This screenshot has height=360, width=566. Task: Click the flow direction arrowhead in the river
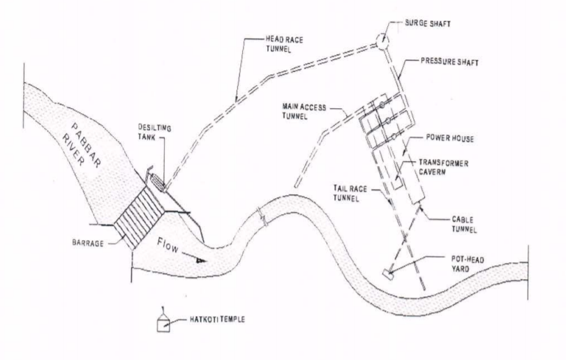tap(200, 260)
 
